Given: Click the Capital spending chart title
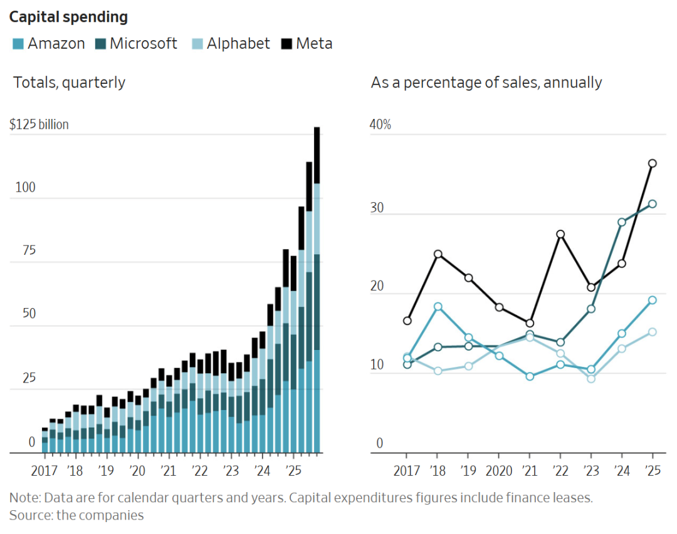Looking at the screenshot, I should tap(68, 17).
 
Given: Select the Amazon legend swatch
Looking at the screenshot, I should tap(18, 44).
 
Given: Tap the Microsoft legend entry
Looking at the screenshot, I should tap(135, 44).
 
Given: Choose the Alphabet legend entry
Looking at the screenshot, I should tap(231, 44).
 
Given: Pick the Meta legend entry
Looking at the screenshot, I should tap(307, 44).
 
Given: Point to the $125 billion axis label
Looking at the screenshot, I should tap(39, 125).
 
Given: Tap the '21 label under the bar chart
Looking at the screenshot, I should tap(167, 471).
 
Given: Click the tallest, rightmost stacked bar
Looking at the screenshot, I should tap(317, 288).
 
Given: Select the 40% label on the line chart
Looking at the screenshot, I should tap(380, 125).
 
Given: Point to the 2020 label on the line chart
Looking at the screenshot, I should tap(498, 471).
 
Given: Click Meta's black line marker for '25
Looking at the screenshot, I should tap(653, 163).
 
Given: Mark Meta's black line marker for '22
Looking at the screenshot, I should tap(560, 234).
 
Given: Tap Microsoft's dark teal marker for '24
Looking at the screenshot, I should tap(622, 222).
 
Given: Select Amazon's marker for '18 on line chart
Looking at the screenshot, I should tap(438, 307).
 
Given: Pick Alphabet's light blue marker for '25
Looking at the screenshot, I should tap(653, 332).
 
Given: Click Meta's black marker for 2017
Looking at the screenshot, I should tap(407, 321).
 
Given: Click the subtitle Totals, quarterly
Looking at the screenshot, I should tap(70, 83).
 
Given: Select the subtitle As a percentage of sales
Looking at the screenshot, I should tap(486, 83).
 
